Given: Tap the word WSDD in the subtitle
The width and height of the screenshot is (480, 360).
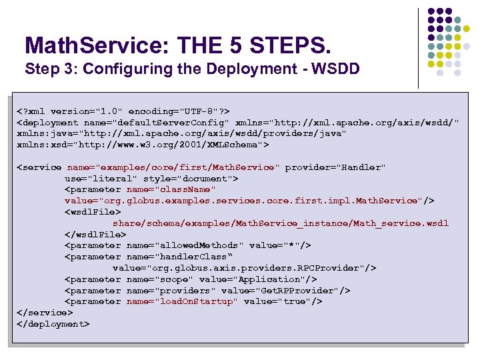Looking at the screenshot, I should tap(338, 69).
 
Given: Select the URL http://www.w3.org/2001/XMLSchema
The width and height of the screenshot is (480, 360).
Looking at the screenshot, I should tap(193, 145).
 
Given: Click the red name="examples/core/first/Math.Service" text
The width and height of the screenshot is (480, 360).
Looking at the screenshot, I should tap(173, 167).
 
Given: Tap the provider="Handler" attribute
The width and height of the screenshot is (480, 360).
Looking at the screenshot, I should tap(335, 167).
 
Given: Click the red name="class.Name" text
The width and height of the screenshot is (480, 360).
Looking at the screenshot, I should tap(171, 189).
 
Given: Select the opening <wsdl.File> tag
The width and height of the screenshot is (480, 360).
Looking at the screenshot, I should tap(93, 212).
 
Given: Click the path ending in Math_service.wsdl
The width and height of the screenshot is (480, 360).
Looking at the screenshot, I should tap(280, 223).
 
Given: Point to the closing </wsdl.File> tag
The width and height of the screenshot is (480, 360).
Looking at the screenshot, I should tap(95, 234).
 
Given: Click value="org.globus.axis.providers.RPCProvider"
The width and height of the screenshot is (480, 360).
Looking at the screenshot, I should tap(244, 268).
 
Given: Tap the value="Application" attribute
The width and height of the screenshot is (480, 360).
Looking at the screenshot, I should tap(257, 279).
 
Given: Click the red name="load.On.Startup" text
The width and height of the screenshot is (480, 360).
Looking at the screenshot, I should tap(181, 301).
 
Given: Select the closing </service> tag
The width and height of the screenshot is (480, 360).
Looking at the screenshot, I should tap(45, 313).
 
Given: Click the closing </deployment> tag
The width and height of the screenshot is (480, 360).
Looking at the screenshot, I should tap(53, 324).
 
